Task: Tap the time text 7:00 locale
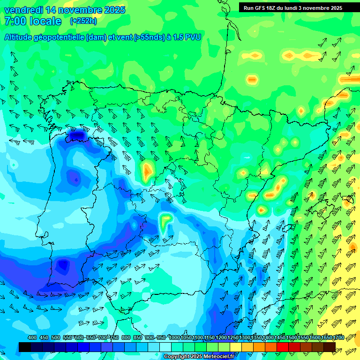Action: pos(32,21)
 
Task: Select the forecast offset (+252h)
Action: pos(83,21)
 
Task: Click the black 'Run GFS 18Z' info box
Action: pos(293,7)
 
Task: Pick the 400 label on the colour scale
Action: pos(32,337)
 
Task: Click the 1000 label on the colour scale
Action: pos(174,337)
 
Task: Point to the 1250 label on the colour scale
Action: pos(233,337)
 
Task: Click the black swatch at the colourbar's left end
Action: pos(25,347)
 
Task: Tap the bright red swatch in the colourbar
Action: pos(283,347)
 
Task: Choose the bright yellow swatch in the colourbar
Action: pos(236,347)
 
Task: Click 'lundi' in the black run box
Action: pos(291,8)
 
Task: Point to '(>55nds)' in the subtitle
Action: pos(149,37)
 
